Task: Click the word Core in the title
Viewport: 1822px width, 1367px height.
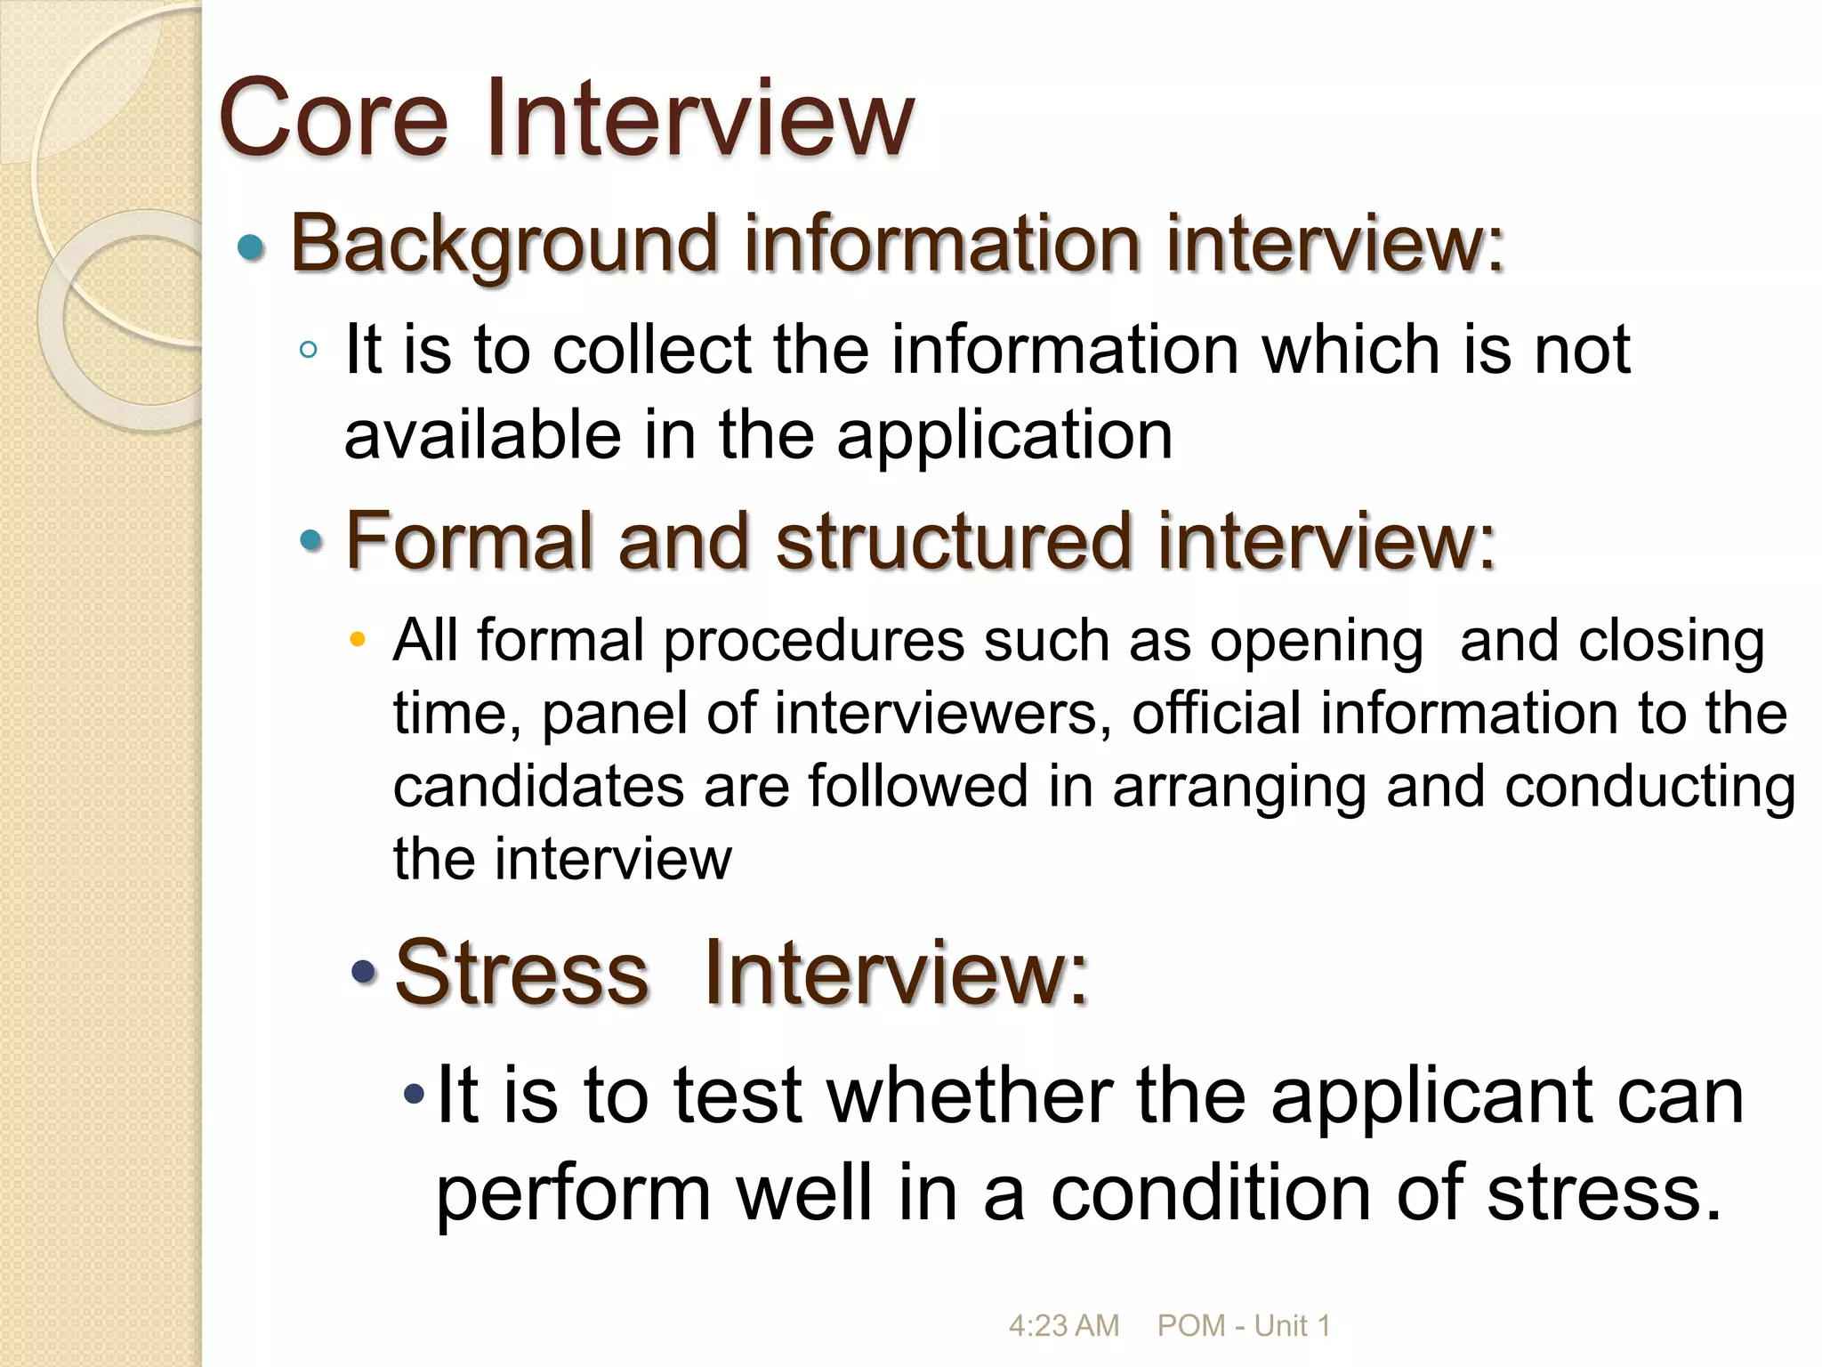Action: (x=333, y=118)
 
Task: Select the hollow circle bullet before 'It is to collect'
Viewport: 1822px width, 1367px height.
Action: (x=309, y=350)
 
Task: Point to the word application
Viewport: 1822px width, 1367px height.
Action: (x=1004, y=436)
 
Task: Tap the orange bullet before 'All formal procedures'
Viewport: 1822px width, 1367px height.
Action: (x=358, y=639)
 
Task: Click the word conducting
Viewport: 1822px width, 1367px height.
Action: (x=1649, y=787)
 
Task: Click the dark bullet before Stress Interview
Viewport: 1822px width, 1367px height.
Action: (x=364, y=972)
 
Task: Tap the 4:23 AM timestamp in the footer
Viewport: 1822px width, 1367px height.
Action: (x=1063, y=1325)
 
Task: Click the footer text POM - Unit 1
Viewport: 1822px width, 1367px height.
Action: (x=1243, y=1325)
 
